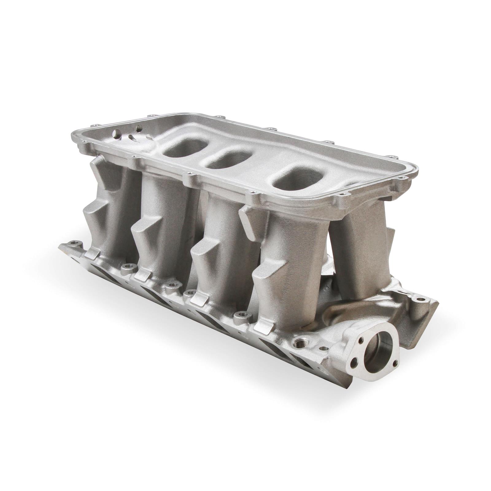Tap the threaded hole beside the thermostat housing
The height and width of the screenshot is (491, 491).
(x=298, y=340)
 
